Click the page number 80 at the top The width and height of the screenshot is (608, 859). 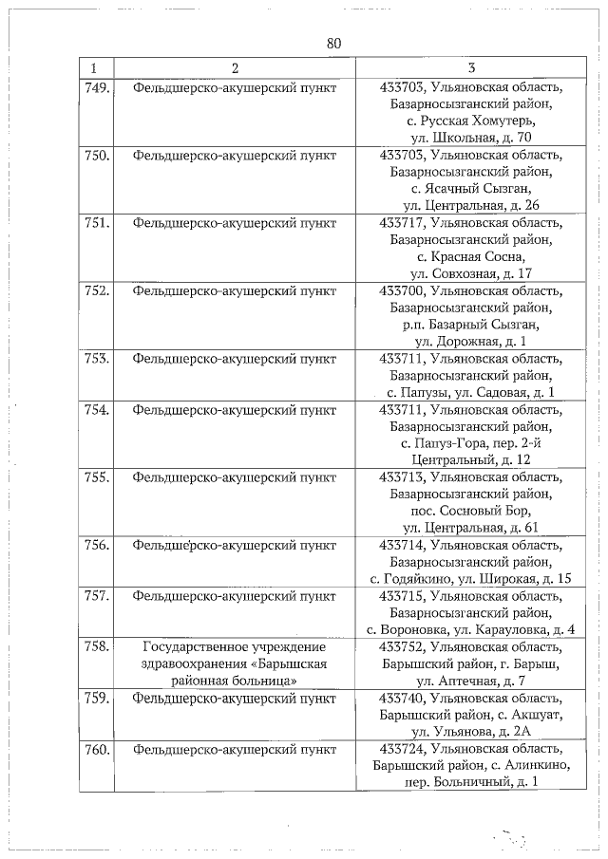332,44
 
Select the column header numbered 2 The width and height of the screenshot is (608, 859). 234,68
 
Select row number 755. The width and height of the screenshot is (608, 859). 97,477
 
